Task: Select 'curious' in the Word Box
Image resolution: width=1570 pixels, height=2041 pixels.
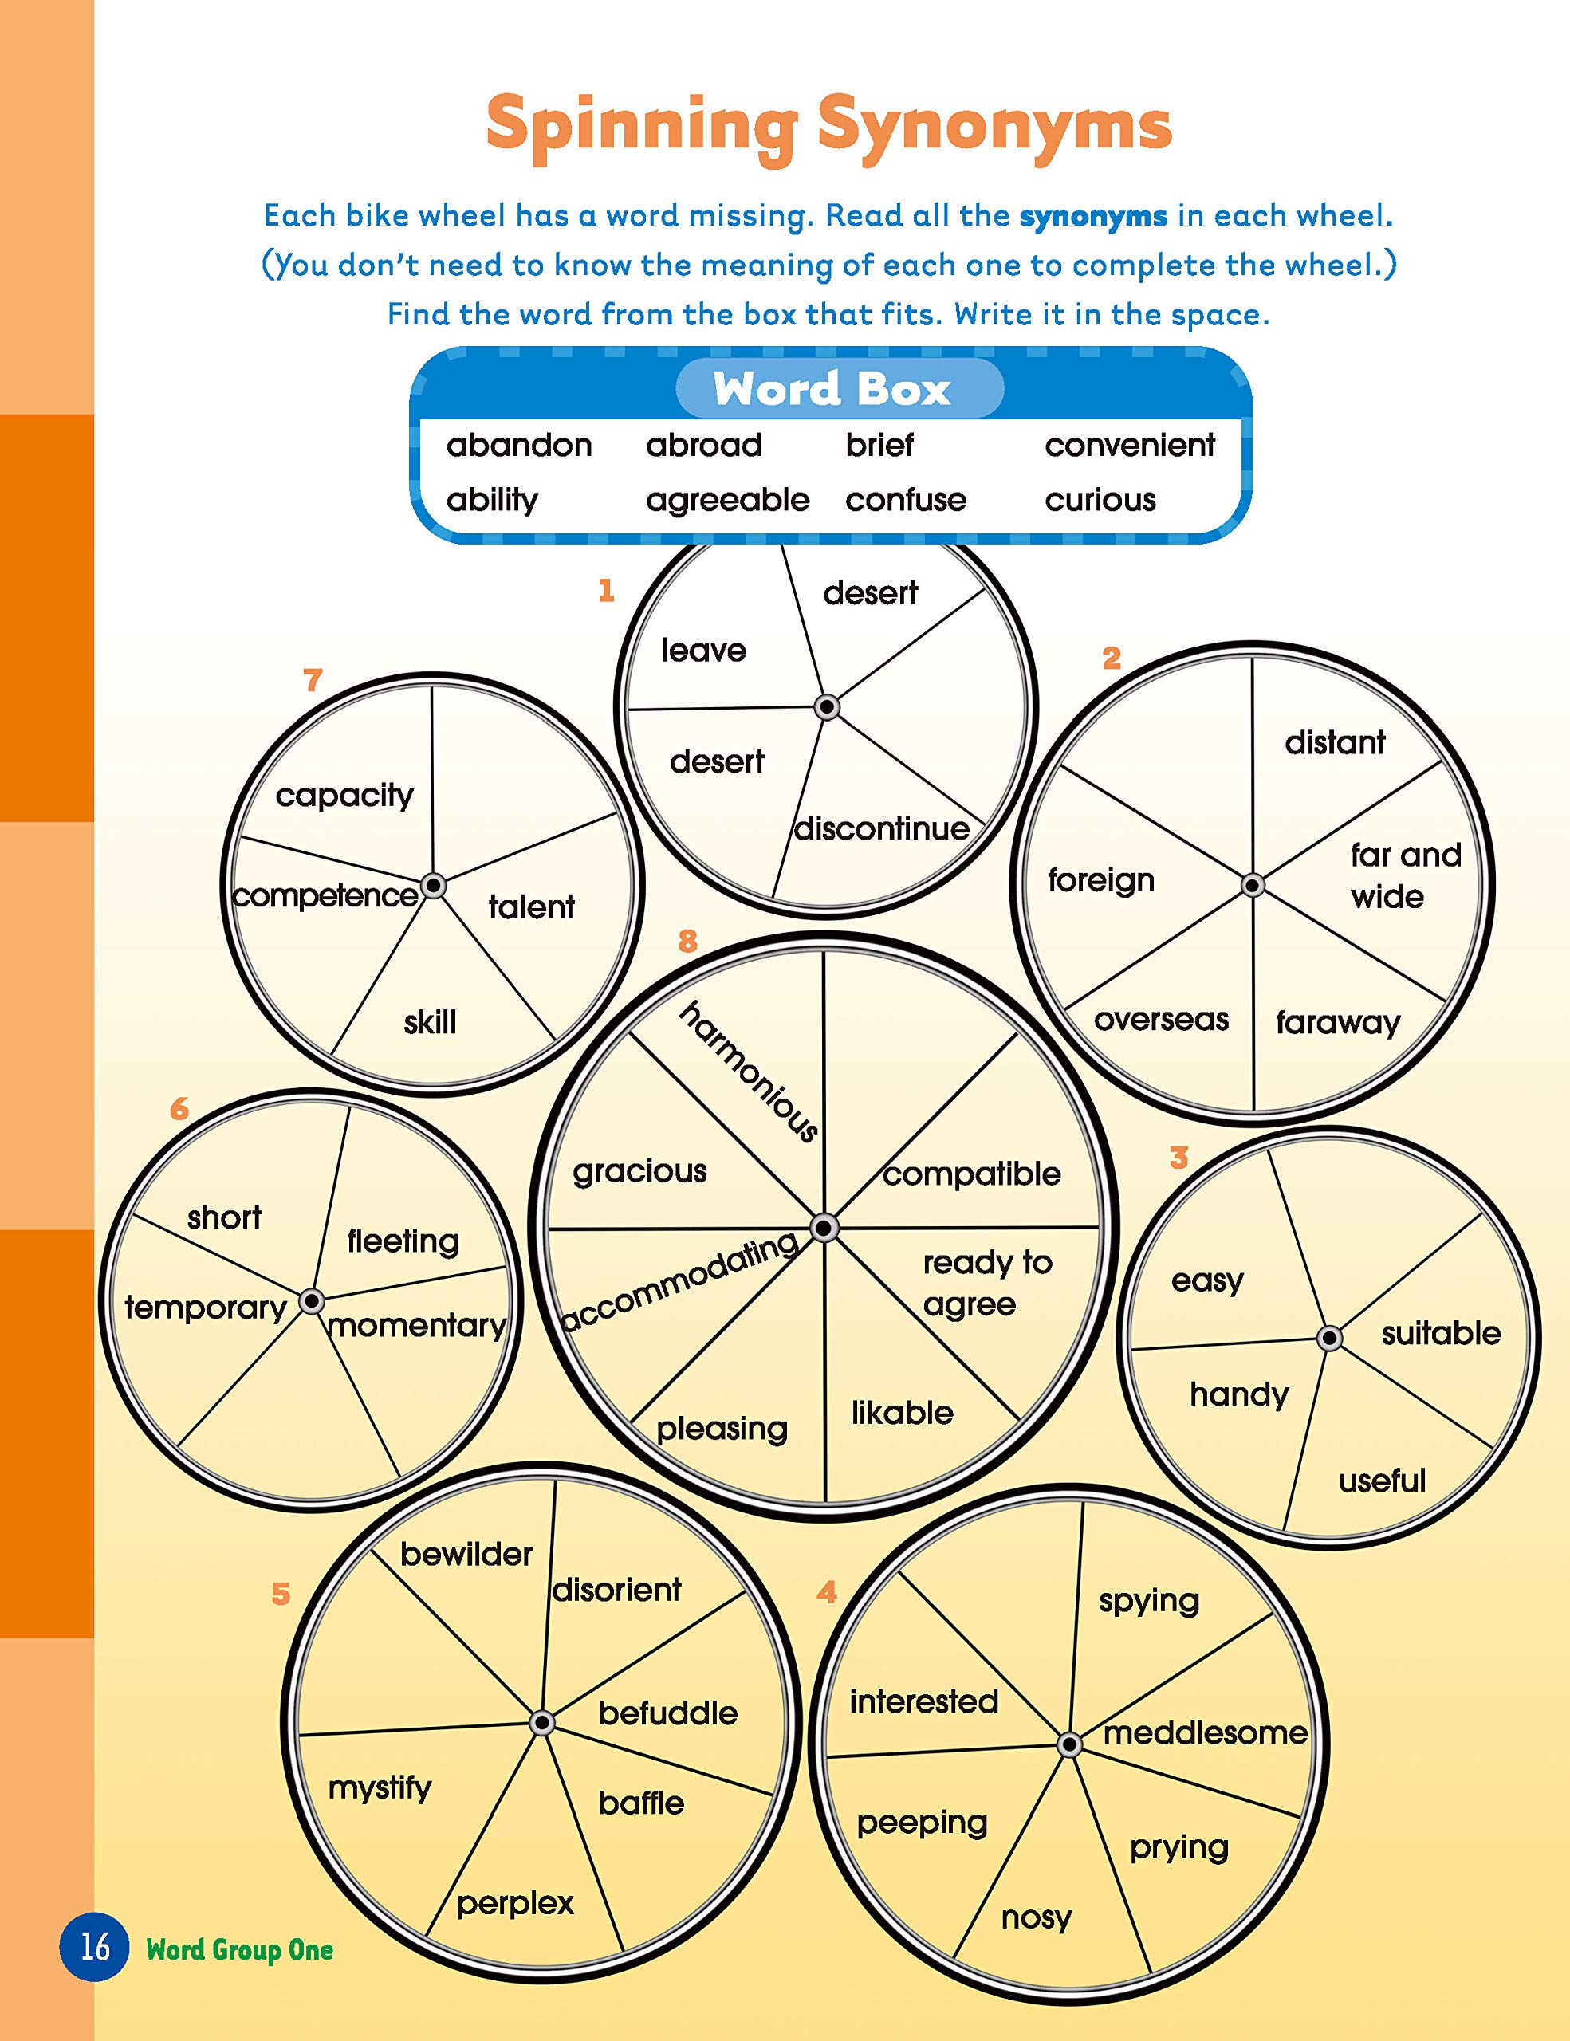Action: (1100, 500)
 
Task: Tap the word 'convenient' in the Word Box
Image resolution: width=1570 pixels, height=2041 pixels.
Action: (1129, 445)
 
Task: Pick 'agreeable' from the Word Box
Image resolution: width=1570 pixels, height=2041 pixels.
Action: (727, 500)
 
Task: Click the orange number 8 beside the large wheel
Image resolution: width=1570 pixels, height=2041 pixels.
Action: (688, 941)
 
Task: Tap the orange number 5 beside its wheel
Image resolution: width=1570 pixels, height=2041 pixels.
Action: (281, 1594)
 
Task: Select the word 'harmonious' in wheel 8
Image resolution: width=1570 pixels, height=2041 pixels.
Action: (749, 1071)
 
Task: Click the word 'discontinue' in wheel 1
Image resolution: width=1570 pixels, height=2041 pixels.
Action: (881, 829)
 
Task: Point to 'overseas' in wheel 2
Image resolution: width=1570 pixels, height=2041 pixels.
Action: (1161, 1020)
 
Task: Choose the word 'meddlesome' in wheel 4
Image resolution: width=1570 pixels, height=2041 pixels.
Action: (1205, 1733)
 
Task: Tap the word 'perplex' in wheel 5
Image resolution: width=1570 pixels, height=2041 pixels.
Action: (515, 1903)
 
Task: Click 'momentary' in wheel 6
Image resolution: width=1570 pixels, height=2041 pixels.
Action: (417, 1325)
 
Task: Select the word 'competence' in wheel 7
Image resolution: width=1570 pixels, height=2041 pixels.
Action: (325, 896)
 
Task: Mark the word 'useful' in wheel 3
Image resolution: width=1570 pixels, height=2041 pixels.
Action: (1381, 1481)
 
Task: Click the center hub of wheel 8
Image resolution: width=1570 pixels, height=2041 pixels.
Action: (824, 1228)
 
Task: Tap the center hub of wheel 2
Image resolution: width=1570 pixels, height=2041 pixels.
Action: (1253, 885)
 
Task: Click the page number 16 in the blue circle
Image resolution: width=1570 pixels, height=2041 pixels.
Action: (94, 1948)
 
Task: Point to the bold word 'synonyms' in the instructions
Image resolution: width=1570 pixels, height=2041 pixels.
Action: (1092, 217)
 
